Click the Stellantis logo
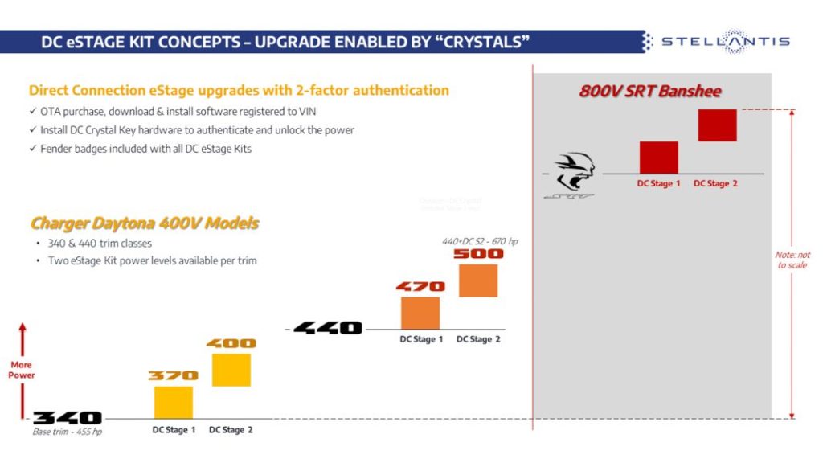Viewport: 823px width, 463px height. [723, 42]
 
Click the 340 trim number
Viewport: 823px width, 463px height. [68, 418]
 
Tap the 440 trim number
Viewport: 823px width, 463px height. [328, 328]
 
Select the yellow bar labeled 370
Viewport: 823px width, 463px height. [173, 402]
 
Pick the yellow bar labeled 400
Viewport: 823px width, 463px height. [231, 370]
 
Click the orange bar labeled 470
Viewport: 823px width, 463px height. [420, 313]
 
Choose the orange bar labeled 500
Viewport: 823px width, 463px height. [478, 281]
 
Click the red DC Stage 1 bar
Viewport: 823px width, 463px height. [659, 158]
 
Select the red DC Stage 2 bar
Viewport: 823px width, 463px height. [717, 125]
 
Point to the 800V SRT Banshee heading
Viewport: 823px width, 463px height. [650, 91]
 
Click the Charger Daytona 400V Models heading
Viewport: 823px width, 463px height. [145, 223]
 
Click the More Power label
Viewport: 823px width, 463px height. [23, 370]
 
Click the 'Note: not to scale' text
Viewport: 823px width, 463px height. [793, 260]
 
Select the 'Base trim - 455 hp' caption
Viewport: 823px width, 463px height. [68, 432]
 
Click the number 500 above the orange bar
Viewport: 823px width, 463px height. [478, 254]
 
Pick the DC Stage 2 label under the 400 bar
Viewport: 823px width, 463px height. [231, 430]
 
